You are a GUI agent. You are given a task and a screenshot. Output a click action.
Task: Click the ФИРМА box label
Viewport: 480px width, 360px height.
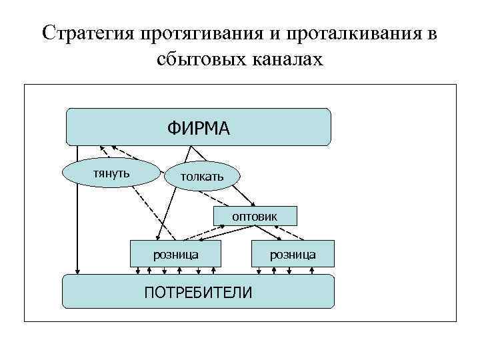click(x=198, y=127)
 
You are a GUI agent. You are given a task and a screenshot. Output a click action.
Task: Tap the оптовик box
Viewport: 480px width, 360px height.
click(x=255, y=216)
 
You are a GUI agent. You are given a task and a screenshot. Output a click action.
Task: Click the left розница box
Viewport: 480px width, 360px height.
click(x=175, y=255)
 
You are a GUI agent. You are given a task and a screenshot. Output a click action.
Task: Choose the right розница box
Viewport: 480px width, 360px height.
click(x=293, y=255)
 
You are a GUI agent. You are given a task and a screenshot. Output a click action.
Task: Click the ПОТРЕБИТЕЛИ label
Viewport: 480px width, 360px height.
click(x=198, y=291)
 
